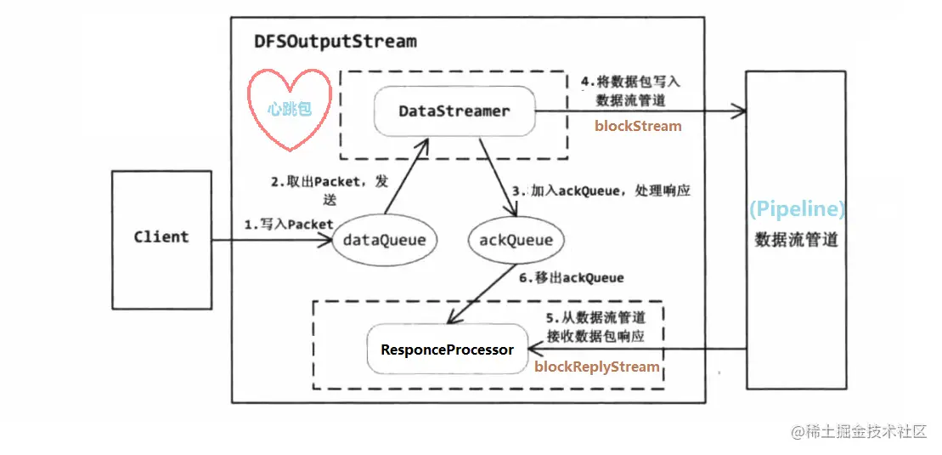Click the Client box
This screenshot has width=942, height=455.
point(161,238)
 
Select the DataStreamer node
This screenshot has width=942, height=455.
point(454,111)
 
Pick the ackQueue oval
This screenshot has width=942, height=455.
point(516,241)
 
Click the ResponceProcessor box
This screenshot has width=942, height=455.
point(447,350)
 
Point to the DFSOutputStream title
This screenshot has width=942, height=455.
point(336,42)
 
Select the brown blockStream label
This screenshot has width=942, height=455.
point(638,127)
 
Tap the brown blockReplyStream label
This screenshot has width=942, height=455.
point(597,367)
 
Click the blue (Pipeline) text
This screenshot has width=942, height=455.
point(797,210)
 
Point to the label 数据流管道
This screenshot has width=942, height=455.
point(797,240)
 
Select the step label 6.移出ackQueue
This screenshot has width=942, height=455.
point(571,277)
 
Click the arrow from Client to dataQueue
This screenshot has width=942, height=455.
point(272,241)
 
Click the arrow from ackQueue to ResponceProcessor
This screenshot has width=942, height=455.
point(480,293)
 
